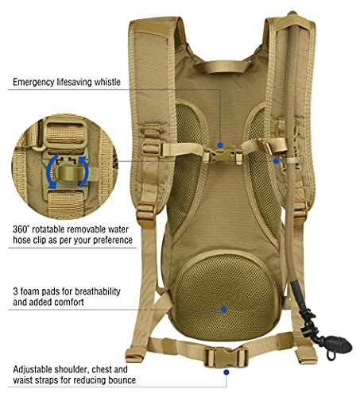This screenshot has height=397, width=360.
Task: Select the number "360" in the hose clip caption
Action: [x=21, y=229]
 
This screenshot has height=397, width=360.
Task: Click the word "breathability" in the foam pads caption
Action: [x=98, y=291]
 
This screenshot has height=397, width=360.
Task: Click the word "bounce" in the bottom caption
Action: [x=121, y=380]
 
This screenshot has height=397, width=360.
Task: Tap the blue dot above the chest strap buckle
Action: [x=220, y=145]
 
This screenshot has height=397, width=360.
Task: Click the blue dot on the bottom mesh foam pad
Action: [x=224, y=310]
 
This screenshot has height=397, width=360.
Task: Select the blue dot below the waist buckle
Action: [x=226, y=372]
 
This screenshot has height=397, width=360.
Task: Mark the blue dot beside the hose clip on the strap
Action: [x=276, y=161]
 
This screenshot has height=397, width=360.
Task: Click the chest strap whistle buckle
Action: [x=223, y=156]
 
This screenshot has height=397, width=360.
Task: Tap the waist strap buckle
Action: [x=226, y=357]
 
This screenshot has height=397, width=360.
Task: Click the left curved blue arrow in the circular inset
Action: [x=52, y=172]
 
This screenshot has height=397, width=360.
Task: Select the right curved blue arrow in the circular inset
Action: [x=84, y=172]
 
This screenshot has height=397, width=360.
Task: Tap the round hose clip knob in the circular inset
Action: [x=68, y=173]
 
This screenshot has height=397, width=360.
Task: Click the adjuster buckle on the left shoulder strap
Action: [x=145, y=214]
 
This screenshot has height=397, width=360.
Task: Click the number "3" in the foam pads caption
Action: [x=16, y=291]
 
